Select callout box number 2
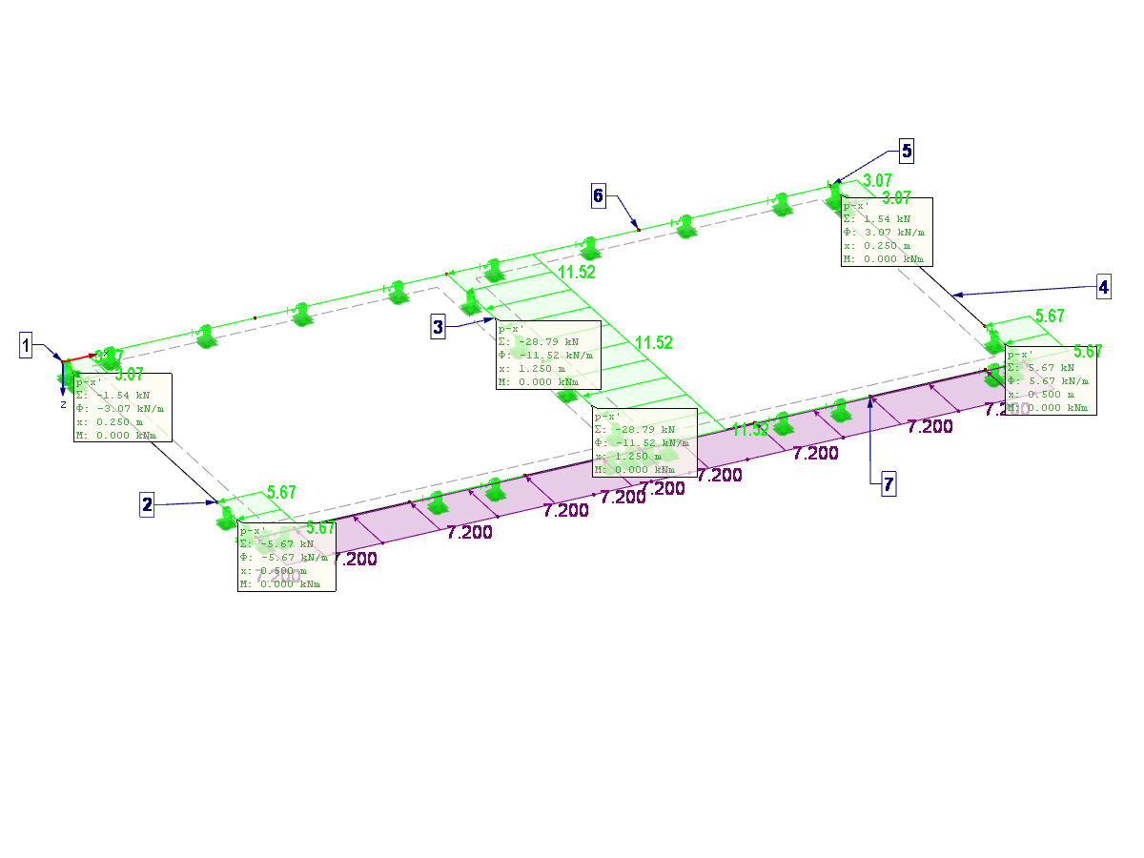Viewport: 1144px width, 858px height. point(147,505)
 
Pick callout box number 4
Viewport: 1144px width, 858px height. point(1103,287)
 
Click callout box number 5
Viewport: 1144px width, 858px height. point(906,150)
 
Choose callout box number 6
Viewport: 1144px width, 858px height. point(598,196)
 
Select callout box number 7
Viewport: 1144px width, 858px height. point(888,484)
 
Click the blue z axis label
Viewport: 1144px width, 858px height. point(63,404)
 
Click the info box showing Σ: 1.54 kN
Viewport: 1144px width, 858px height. point(886,232)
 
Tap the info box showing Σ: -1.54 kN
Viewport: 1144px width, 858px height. point(123,407)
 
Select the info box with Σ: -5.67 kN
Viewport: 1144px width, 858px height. point(287,558)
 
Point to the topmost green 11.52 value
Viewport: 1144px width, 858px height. point(576,272)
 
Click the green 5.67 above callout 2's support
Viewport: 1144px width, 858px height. point(281,493)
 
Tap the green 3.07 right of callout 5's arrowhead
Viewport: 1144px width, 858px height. point(876,180)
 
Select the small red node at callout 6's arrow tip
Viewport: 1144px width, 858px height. point(638,229)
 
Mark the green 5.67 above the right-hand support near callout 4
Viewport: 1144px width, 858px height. point(1049,316)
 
